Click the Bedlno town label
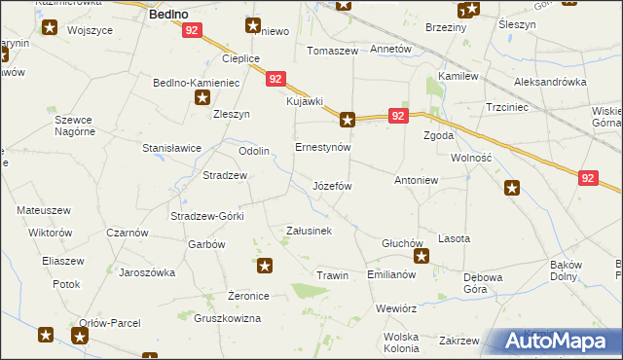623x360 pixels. tap(166, 16)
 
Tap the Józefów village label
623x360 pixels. tap(332, 185)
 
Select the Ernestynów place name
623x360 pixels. tap(322, 147)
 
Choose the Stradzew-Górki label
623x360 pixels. tap(206, 216)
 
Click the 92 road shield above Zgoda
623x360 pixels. tap(397, 116)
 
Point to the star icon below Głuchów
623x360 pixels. tap(421, 257)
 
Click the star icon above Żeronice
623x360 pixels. tap(265, 265)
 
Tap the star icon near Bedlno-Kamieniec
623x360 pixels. tap(202, 97)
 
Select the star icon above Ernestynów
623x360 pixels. tap(348, 121)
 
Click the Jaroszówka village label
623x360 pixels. tap(146, 272)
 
